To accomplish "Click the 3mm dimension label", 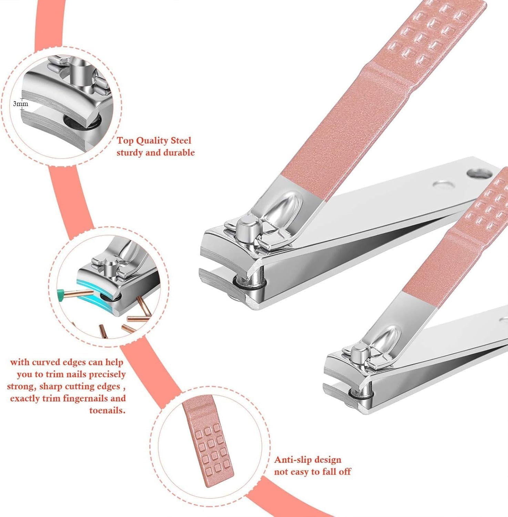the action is click(21, 103).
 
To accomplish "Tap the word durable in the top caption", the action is click(179, 153).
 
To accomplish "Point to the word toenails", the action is click(107, 410).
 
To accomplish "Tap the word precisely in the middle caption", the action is click(107, 375).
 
